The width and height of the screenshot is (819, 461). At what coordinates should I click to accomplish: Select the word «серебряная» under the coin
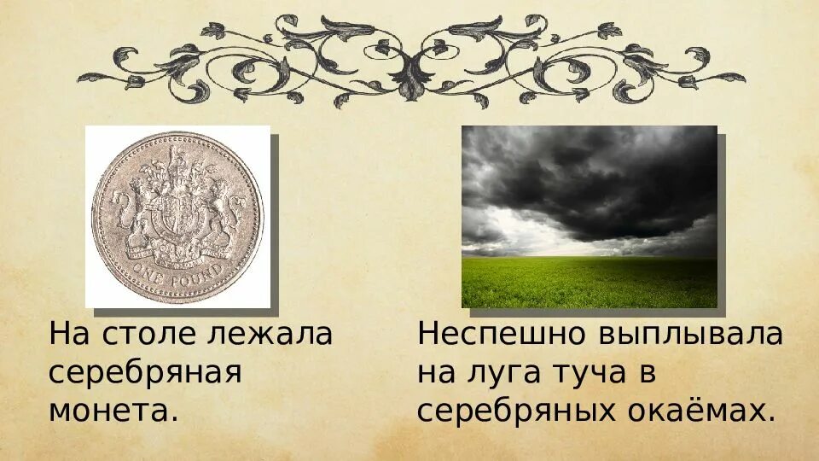coord(146,373)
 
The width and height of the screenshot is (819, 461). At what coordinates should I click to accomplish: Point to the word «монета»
coord(108,411)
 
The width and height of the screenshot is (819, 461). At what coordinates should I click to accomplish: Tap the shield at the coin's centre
coord(178,214)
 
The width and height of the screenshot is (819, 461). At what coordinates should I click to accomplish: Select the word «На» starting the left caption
coord(67,334)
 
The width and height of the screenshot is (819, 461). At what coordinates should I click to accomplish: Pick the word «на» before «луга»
coord(437,373)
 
